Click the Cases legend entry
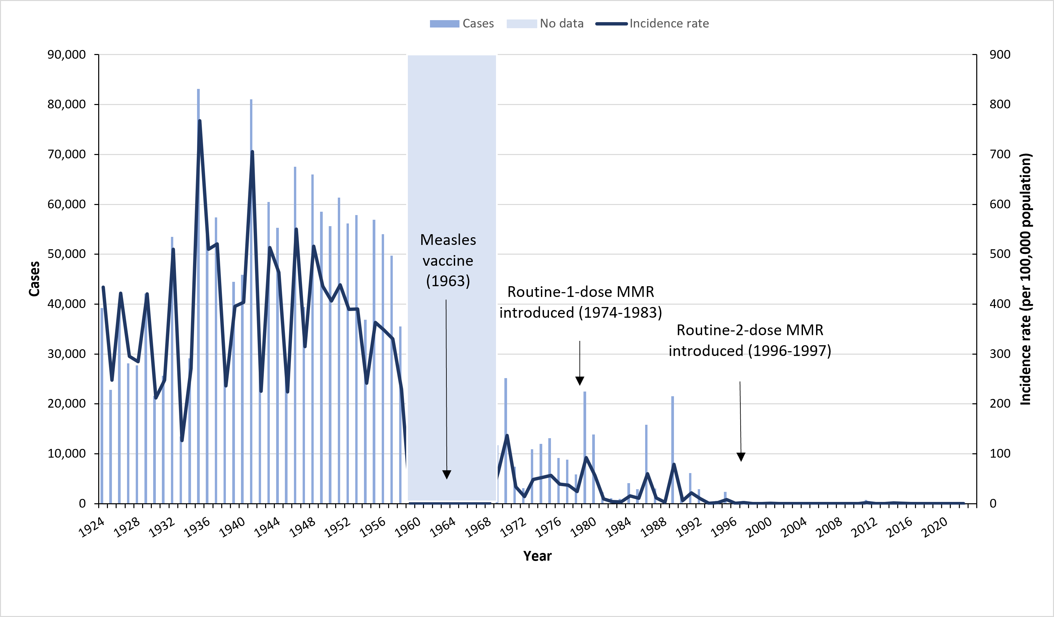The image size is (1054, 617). click(462, 23)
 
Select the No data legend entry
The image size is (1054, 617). click(545, 23)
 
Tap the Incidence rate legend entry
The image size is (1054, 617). click(652, 23)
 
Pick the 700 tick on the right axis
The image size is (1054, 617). click(1000, 154)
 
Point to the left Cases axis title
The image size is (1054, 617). click(34, 279)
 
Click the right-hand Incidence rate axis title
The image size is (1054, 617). click(1026, 279)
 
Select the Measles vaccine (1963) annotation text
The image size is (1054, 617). click(448, 260)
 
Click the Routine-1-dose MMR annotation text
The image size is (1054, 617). click(580, 302)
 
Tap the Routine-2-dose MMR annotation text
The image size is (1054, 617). click(749, 340)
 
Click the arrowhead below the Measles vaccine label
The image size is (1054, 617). click(447, 474)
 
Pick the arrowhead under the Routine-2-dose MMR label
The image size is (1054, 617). click(741, 457)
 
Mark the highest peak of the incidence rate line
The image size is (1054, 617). click(199, 121)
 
